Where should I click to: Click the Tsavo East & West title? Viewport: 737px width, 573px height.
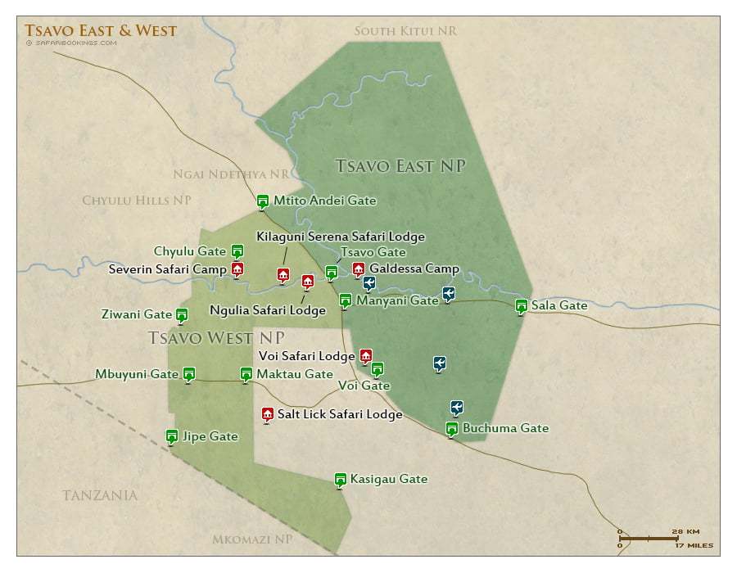point(101,31)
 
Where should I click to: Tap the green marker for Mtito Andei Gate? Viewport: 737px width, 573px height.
point(263,201)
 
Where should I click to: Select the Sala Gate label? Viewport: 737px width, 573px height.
point(559,305)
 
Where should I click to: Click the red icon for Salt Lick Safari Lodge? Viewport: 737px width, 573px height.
point(267,414)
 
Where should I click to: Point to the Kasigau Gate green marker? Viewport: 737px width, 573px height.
point(341,479)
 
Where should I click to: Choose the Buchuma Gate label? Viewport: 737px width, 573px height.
point(505,428)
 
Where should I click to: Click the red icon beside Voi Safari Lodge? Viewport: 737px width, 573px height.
point(366,355)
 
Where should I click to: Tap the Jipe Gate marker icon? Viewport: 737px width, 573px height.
point(172,435)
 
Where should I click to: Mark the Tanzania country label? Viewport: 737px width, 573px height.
point(100,495)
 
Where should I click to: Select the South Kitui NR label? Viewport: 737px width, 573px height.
point(405,31)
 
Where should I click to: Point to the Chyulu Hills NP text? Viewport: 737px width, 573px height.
point(137,201)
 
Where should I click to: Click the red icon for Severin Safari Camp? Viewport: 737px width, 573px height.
point(237,268)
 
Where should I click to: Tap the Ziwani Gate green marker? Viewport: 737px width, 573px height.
point(182,314)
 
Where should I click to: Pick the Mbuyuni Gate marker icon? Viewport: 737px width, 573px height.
point(189,373)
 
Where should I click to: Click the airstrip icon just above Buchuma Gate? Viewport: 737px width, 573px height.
point(457,407)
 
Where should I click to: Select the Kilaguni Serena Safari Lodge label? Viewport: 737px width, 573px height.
point(341,237)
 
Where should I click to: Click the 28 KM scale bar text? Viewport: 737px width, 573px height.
point(684,531)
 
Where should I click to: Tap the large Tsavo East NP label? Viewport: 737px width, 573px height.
point(400,166)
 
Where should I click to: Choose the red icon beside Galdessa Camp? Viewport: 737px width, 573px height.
point(358,268)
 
